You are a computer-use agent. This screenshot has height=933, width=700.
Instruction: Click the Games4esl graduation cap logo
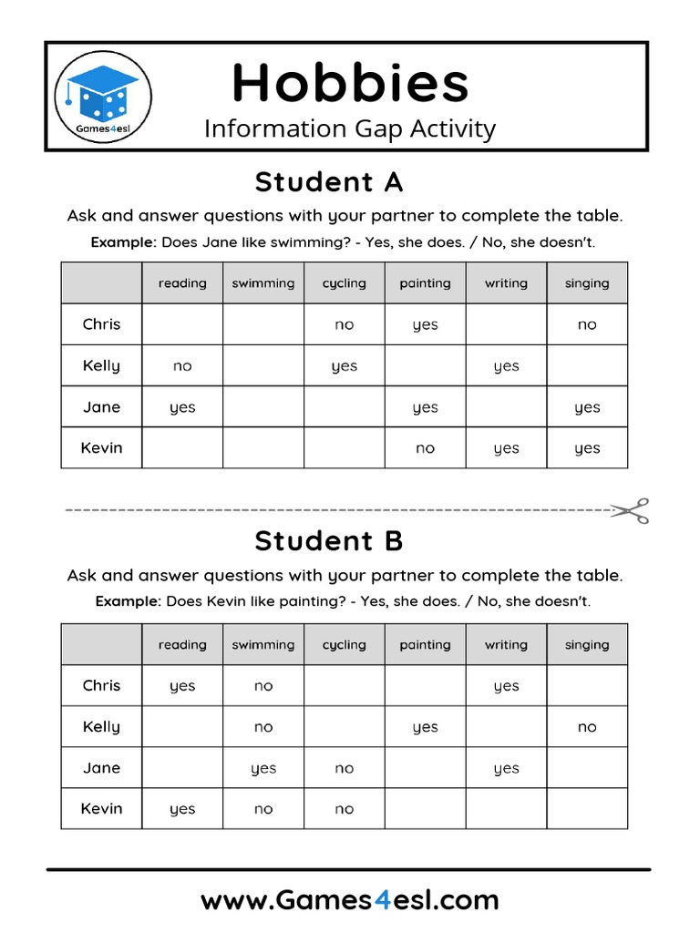[103, 96]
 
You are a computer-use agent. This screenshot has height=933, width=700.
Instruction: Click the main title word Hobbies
[350, 83]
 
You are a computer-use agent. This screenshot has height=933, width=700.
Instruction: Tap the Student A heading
[328, 182]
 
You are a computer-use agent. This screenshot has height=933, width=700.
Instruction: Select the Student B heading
[328, 541]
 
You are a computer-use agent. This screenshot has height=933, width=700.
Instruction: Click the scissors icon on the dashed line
[630, 510]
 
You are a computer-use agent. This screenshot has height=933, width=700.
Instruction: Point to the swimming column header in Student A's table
[263, 283]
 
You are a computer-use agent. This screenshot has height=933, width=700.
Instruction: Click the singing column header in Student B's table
[587, 645]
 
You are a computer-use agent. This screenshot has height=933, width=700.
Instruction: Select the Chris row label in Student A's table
[101, 324]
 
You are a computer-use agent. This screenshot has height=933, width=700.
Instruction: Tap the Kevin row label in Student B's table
[101, 808]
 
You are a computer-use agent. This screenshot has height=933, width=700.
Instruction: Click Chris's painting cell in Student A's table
[426, 325]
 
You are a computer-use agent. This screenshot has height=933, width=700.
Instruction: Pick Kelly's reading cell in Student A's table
[182, 366]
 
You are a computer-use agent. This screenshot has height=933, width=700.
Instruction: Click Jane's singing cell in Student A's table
[587, 407]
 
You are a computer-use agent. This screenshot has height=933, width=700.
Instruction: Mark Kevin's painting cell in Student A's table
[426, 448]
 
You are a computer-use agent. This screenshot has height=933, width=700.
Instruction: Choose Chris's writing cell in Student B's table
[506, 686]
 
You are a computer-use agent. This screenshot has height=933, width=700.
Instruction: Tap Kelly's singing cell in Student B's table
[587, 727]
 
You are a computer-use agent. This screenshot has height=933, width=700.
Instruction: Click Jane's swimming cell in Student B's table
[263, 768]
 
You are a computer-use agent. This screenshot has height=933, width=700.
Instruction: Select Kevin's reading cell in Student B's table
[182, 809]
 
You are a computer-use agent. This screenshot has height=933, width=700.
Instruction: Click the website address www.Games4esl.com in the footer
[350, 901]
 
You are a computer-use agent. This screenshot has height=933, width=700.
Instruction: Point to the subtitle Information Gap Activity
[350, 128]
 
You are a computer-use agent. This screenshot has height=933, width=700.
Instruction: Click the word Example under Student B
[128, 602]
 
